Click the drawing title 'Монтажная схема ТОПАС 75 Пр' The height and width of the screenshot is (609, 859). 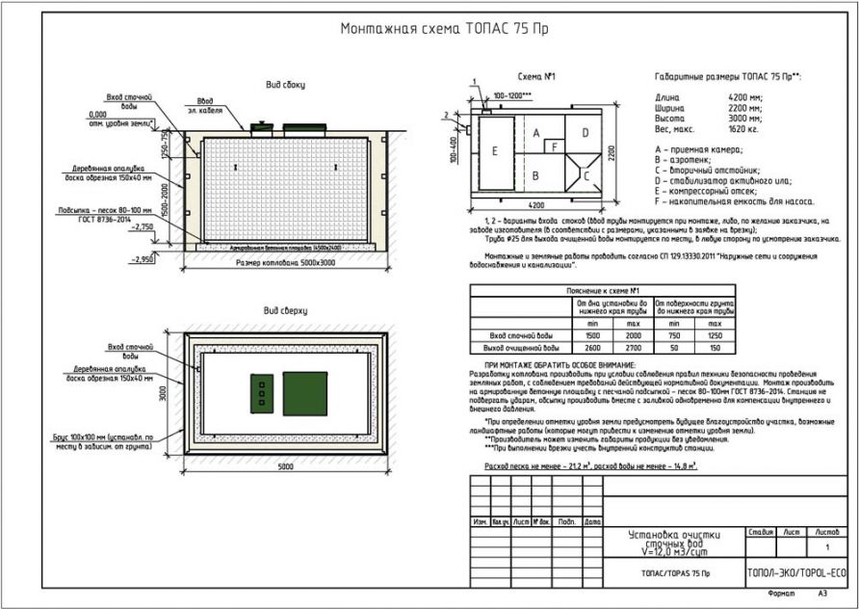pyautogui.click(x=429, y=29)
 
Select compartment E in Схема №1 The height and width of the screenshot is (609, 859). pyautogui.click(x=494, y=151)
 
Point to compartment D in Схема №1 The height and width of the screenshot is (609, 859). pyautogui.click(x=584, y=131)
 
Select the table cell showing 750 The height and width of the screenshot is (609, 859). pyautogui.click(x=671, y=334)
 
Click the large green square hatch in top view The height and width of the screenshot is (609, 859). pyautogui.click(x=304, y=393)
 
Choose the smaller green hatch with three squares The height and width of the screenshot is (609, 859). pyautogui.click(x=261, y=392)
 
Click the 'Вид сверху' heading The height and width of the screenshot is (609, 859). pyautogui.click(x=285, y=311)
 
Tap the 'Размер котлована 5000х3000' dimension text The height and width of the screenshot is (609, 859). pyautogui.click(x=285, y=261)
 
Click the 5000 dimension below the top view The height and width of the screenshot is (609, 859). pyautogui.click(x=286, y=466)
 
